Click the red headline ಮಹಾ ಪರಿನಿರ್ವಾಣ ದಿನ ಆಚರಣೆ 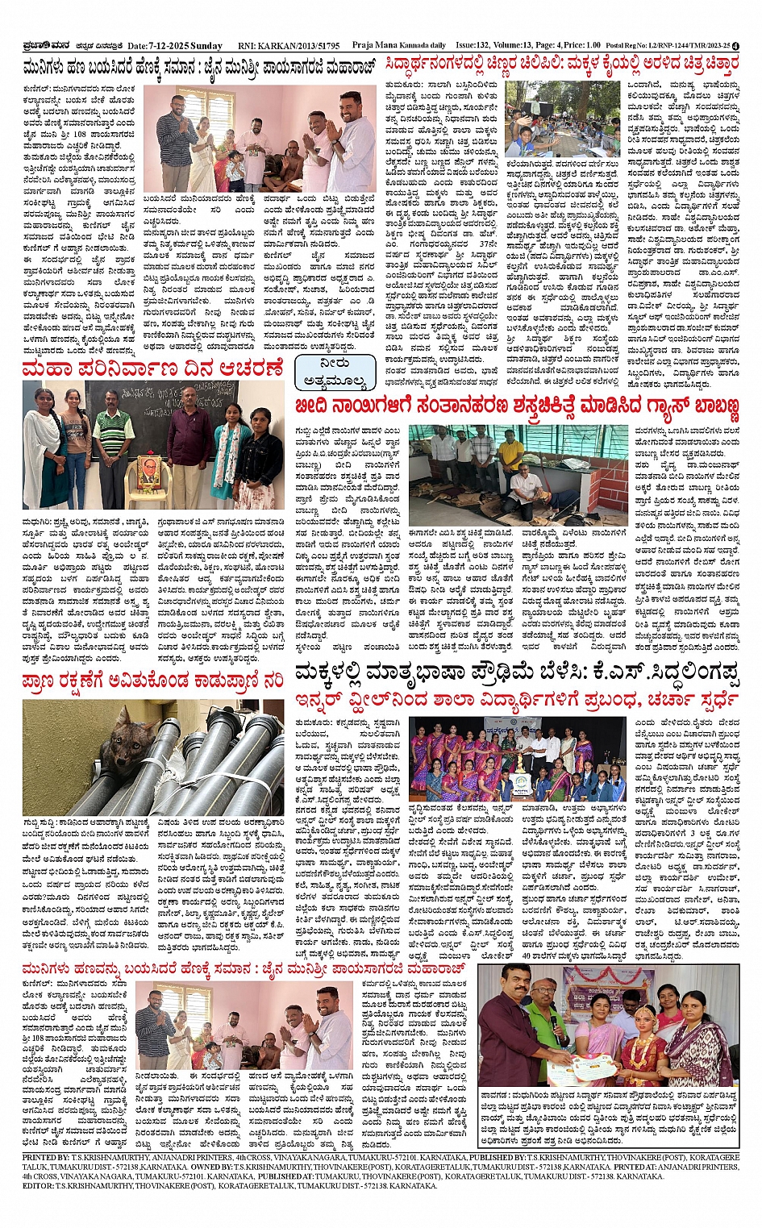click(153, 369)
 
